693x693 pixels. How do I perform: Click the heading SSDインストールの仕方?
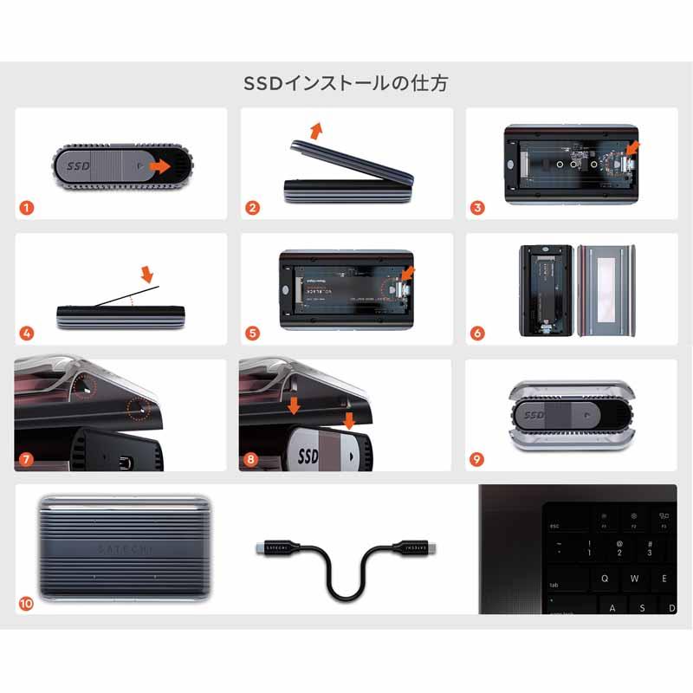tap(346, 84)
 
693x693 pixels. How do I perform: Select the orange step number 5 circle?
tap(252, 333)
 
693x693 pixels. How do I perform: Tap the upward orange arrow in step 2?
tap(316, 130)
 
